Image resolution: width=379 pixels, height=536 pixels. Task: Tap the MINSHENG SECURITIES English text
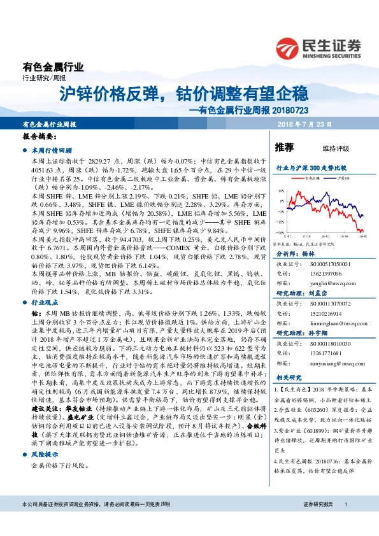click(x=332, y=55)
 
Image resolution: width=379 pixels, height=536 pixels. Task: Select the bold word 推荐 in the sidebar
click(x=284, y=148)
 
